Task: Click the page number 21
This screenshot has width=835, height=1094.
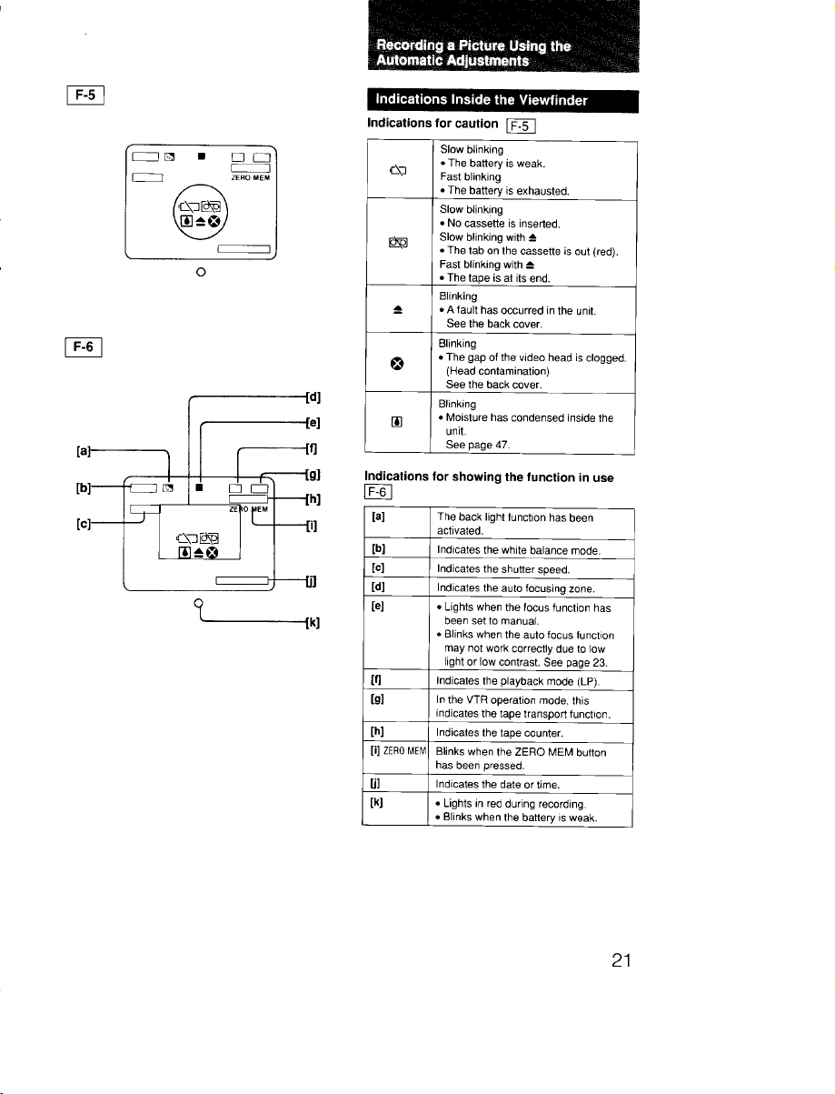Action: click(x=621, y=960)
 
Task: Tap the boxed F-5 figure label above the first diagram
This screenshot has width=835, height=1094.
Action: click(x=85, y=95)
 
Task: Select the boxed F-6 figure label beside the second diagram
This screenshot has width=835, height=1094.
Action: click(x=84, y=346)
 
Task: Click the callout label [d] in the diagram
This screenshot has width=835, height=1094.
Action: click(x=313, y=396)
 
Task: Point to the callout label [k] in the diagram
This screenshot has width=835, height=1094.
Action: click(x=313, y=622)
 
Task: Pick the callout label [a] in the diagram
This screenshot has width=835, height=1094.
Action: click(x=84, y=451)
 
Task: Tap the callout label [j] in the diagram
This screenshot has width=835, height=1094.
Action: click(x=312, y=580)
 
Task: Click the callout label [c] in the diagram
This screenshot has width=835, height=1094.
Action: click(x=84, y=523)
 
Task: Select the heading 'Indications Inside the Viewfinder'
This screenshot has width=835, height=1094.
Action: click(x=481, y=100)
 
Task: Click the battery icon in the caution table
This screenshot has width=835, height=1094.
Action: click(x=398, y=170)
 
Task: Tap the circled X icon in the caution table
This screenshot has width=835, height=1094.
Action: click(x=397, y=364)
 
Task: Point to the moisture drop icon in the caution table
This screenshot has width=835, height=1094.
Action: click(x=396, y=422)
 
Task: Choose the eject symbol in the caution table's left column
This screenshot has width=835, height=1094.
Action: click(x=397, y=309)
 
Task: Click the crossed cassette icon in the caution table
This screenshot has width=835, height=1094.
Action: click(x=398, y=242)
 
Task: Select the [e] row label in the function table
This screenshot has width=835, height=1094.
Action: click(x=377, y=606)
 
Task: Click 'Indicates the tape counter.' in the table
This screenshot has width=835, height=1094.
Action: click(x=500, y=733)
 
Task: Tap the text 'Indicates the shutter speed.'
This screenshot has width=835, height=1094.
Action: click(x=502, y=569)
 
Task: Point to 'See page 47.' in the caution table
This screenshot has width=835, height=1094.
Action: click(x=478, y=445)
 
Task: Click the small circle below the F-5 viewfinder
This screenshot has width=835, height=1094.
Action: click(x=201, y=272)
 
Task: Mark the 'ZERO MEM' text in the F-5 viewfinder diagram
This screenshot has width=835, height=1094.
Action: click(x=251, y=178)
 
